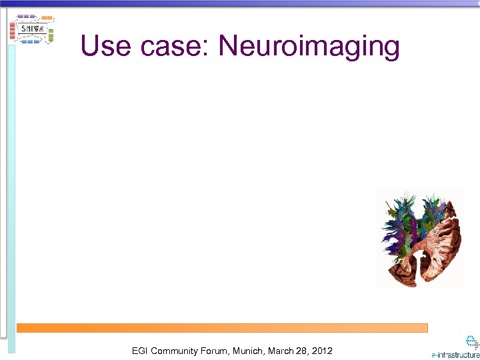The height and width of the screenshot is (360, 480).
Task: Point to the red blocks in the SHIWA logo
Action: pyautogui.click(x=12, y=30)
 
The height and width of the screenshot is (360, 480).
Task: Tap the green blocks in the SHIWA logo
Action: pyautogui.click(x=51, y=35)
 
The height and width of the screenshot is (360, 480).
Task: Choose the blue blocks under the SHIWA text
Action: pyautogui.click(x=31, y=41)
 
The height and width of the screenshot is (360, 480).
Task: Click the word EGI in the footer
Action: pyautogui.click(x=140, y=351)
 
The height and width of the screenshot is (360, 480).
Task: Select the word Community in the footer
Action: pyautogui.click(x=177, y=351)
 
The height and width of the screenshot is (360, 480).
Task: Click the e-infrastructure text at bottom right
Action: pyautogui.click(x=455, y=355)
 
